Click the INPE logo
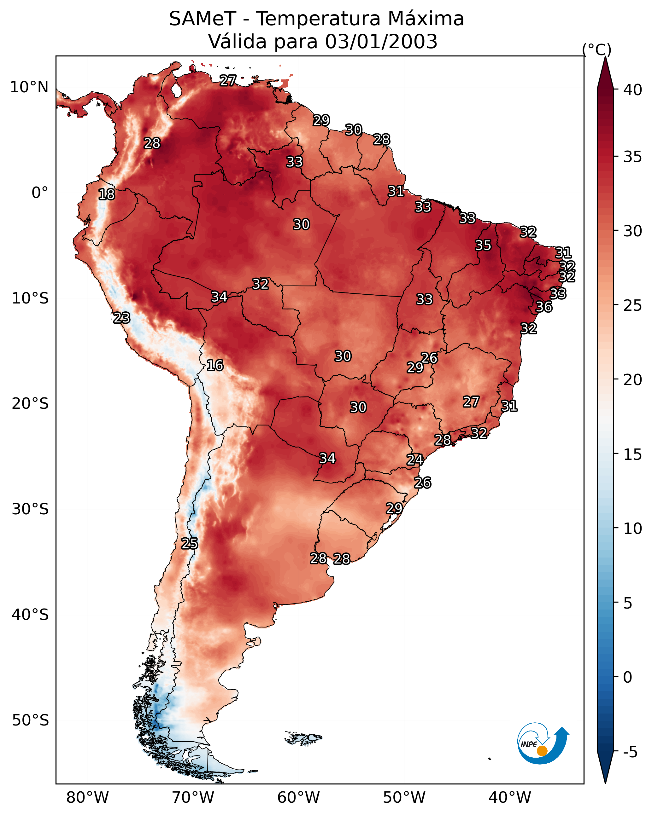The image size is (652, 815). pyautogui.click(x=543, y=745)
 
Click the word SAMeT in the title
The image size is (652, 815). pyautogui.click(x=203, y=19)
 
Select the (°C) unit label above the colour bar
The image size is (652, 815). pyautogui.click(x=596, y=49)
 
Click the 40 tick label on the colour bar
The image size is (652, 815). pyautogui.click(x=633, y=90)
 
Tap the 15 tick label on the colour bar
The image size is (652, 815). pyautogui.click(x=633, y=454)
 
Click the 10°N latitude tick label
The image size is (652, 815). pyautogui.click(x=29, y=87)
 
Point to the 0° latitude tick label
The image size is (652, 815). pyautogui.click(x=40, y=193)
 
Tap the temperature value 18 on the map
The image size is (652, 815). pyautogui.click(x=106, y=194)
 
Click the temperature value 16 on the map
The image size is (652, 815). pyautogui.click(x=215, y=365)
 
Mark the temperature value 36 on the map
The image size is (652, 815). pyautogui.click(x=544, y=307)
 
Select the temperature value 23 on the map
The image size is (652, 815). pyautogui.click(x=122, y=318)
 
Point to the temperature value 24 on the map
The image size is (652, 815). pyautogui.click(x=415, y=460)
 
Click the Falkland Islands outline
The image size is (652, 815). pyautogui.click(x=303, y=737)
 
